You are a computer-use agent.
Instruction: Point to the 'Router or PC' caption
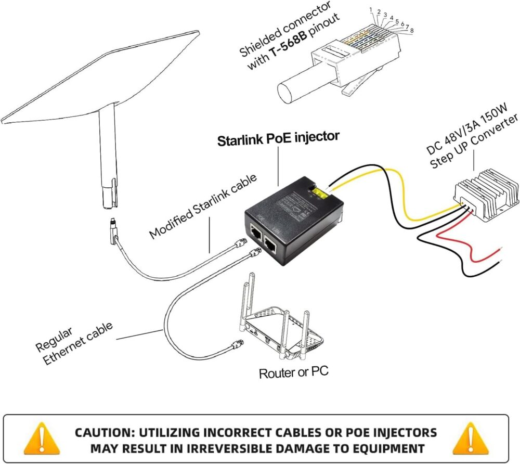pos(293,372)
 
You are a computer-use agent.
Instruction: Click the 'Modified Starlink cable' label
pos(203,207)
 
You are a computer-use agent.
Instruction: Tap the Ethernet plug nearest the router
pos(237,344)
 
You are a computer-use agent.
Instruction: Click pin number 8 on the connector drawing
pos(411,31)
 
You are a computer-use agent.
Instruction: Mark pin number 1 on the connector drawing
pos(371,10)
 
